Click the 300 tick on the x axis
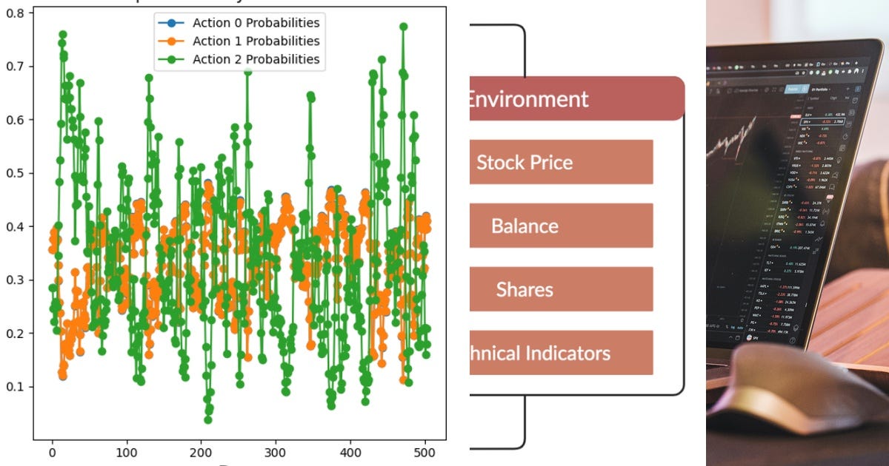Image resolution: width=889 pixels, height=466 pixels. [276, 452]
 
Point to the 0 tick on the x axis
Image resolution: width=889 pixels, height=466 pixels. [52, 452]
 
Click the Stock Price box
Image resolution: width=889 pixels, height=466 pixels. [561, 162]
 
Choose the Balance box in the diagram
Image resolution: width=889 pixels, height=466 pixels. [561, 226]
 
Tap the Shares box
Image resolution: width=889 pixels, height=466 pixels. [561, 289]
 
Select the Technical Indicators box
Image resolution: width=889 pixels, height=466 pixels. [561, 353]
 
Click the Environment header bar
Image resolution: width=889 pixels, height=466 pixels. [575, 98]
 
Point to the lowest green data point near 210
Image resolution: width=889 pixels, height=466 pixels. [208, 419]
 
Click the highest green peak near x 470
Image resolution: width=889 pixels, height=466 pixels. [404, 27]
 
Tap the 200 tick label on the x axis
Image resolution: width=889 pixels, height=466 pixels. [201, 452]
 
